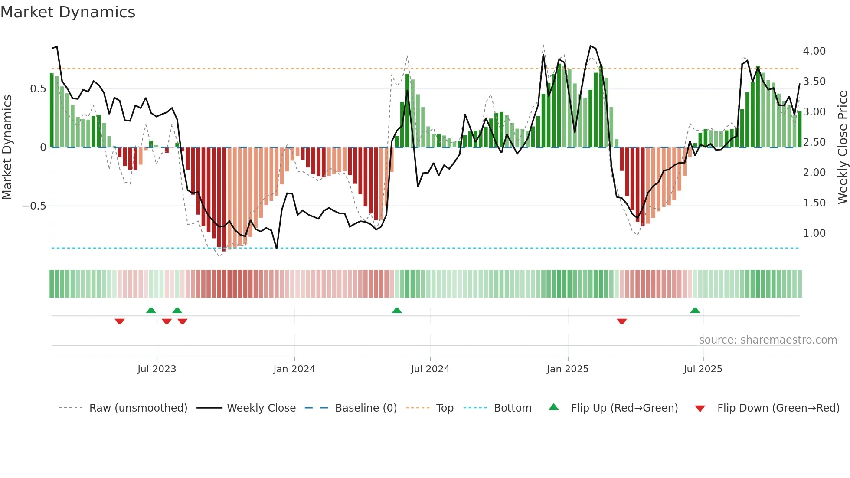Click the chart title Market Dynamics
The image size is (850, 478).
tap(68, 12)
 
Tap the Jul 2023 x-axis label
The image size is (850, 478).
tap(157, 369)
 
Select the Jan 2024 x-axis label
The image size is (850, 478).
tap(294, 369)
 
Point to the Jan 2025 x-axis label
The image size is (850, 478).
tap(567, 369)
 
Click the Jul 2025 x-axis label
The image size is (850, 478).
tap(703, 369)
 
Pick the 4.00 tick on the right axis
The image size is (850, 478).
tap(814, 51)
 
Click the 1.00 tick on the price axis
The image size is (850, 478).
tap(814, 233)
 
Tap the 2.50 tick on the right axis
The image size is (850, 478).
tap(814, 142)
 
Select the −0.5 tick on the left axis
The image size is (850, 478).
tap(34, 206)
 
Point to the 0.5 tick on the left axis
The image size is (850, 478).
tap(38, 89)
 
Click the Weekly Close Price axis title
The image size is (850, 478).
tap(842, 147)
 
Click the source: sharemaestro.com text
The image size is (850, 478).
tap(768, 340)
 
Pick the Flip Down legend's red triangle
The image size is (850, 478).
tap(700, 409)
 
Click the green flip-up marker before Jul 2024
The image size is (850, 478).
tap(396, 310)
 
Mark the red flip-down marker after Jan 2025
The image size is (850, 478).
tap(621, 321)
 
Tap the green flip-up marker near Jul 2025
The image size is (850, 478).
tap(695, 310)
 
